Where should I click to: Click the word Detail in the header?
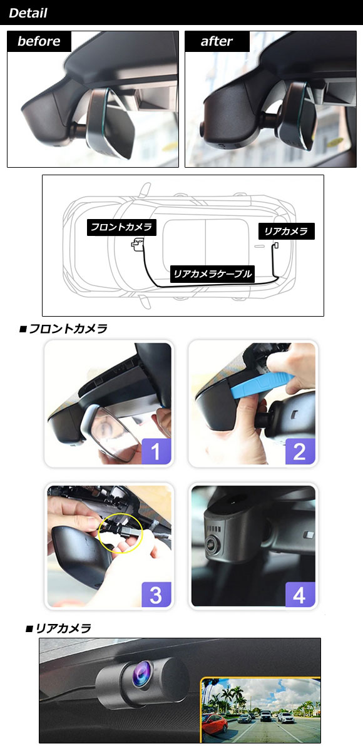[x=28, y=13]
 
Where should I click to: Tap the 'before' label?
[x=39, y=41]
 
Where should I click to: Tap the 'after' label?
[x=217, y=41]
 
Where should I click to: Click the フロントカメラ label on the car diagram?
[x=121, y=227]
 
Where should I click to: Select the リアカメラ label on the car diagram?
[x=286, y=231]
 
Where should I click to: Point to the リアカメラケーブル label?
[x=212, y=274]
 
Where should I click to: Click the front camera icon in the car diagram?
[x=138, y=245]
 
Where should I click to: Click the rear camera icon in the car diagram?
[x=276, y=246]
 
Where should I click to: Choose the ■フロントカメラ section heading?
[x=63, y=329]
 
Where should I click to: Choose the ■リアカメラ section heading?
[x=58, y=628]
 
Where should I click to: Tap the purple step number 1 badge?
[x=156, y=451]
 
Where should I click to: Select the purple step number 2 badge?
[x=300, y=451]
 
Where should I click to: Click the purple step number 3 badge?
[x=156, y=595]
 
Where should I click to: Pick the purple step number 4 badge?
[x=300, y=595]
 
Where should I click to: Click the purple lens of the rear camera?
[x=143, y=672]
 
